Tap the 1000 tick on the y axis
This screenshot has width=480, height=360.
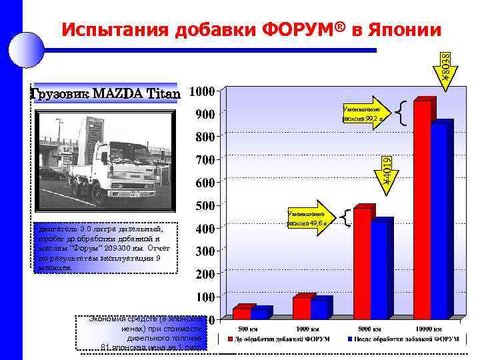(x=202, y=91)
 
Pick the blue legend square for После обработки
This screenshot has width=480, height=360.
(x=349, y=339)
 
